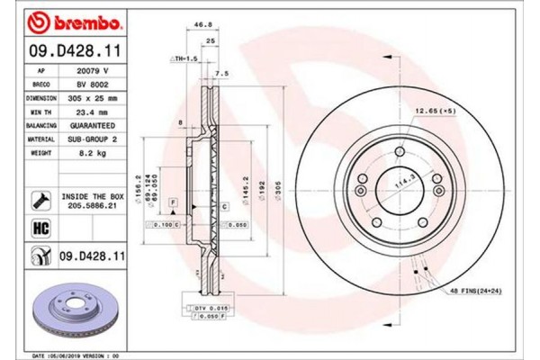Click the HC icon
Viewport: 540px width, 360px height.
40,228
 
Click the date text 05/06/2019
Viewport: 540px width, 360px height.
64,355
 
